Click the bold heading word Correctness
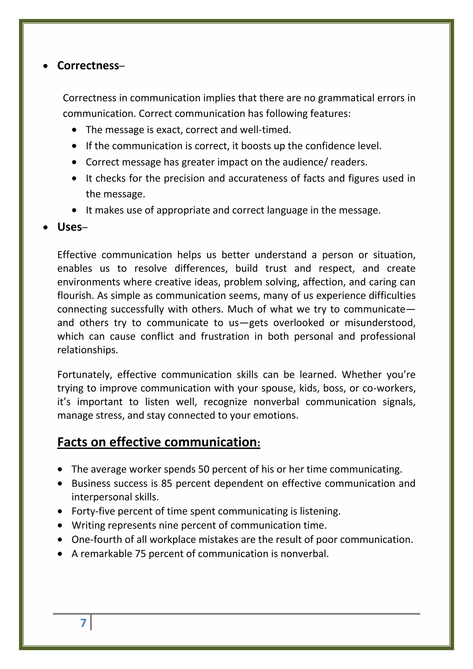pos(88,66)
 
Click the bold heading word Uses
pos(70,227)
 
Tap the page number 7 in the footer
pos(83,623)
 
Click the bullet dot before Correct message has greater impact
pos(75,162)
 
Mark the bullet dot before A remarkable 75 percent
pos(60,554)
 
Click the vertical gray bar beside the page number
pos(91,622)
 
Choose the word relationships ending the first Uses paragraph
pos(87,350)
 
